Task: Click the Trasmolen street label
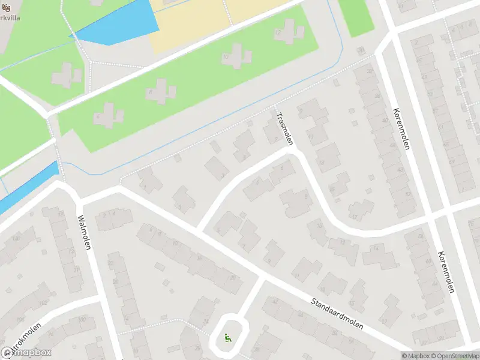click(284, 128)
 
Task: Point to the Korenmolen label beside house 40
click(401, 129)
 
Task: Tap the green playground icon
click(227, 338)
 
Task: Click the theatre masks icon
click(7, 8)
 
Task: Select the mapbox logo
click(26, 352)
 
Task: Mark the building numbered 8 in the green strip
click(160, 92)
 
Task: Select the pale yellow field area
click(192, 21)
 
